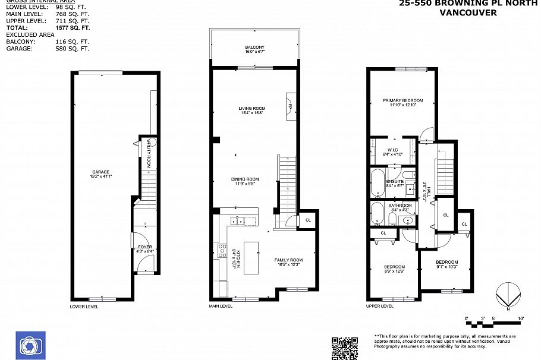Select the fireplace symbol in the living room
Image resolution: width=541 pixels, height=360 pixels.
click(x=290, y=105)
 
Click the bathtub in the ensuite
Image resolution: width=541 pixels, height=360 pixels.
click(x=378, y=184)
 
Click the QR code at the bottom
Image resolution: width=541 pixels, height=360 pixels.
click(x=344, y=348)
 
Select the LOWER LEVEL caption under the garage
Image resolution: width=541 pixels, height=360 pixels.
click(x=84, y=307)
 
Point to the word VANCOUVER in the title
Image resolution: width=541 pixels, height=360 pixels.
click(x=468, y=12)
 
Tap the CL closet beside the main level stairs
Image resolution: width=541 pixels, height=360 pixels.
click(x=307, y=220)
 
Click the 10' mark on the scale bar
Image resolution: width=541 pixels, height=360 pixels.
click(x=521, y=319)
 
